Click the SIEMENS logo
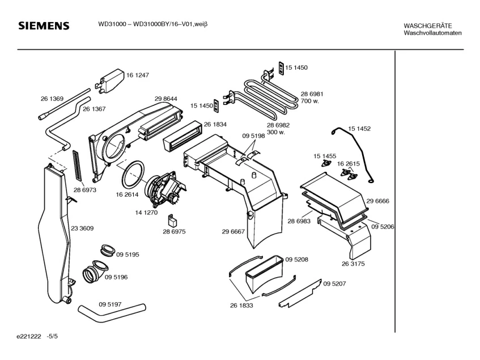44,26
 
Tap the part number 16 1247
138,75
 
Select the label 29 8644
165,99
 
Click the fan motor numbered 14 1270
163,189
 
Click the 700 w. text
310,101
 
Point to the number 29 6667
233,231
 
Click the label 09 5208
296,259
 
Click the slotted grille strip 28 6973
77,164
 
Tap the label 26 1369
52,99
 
